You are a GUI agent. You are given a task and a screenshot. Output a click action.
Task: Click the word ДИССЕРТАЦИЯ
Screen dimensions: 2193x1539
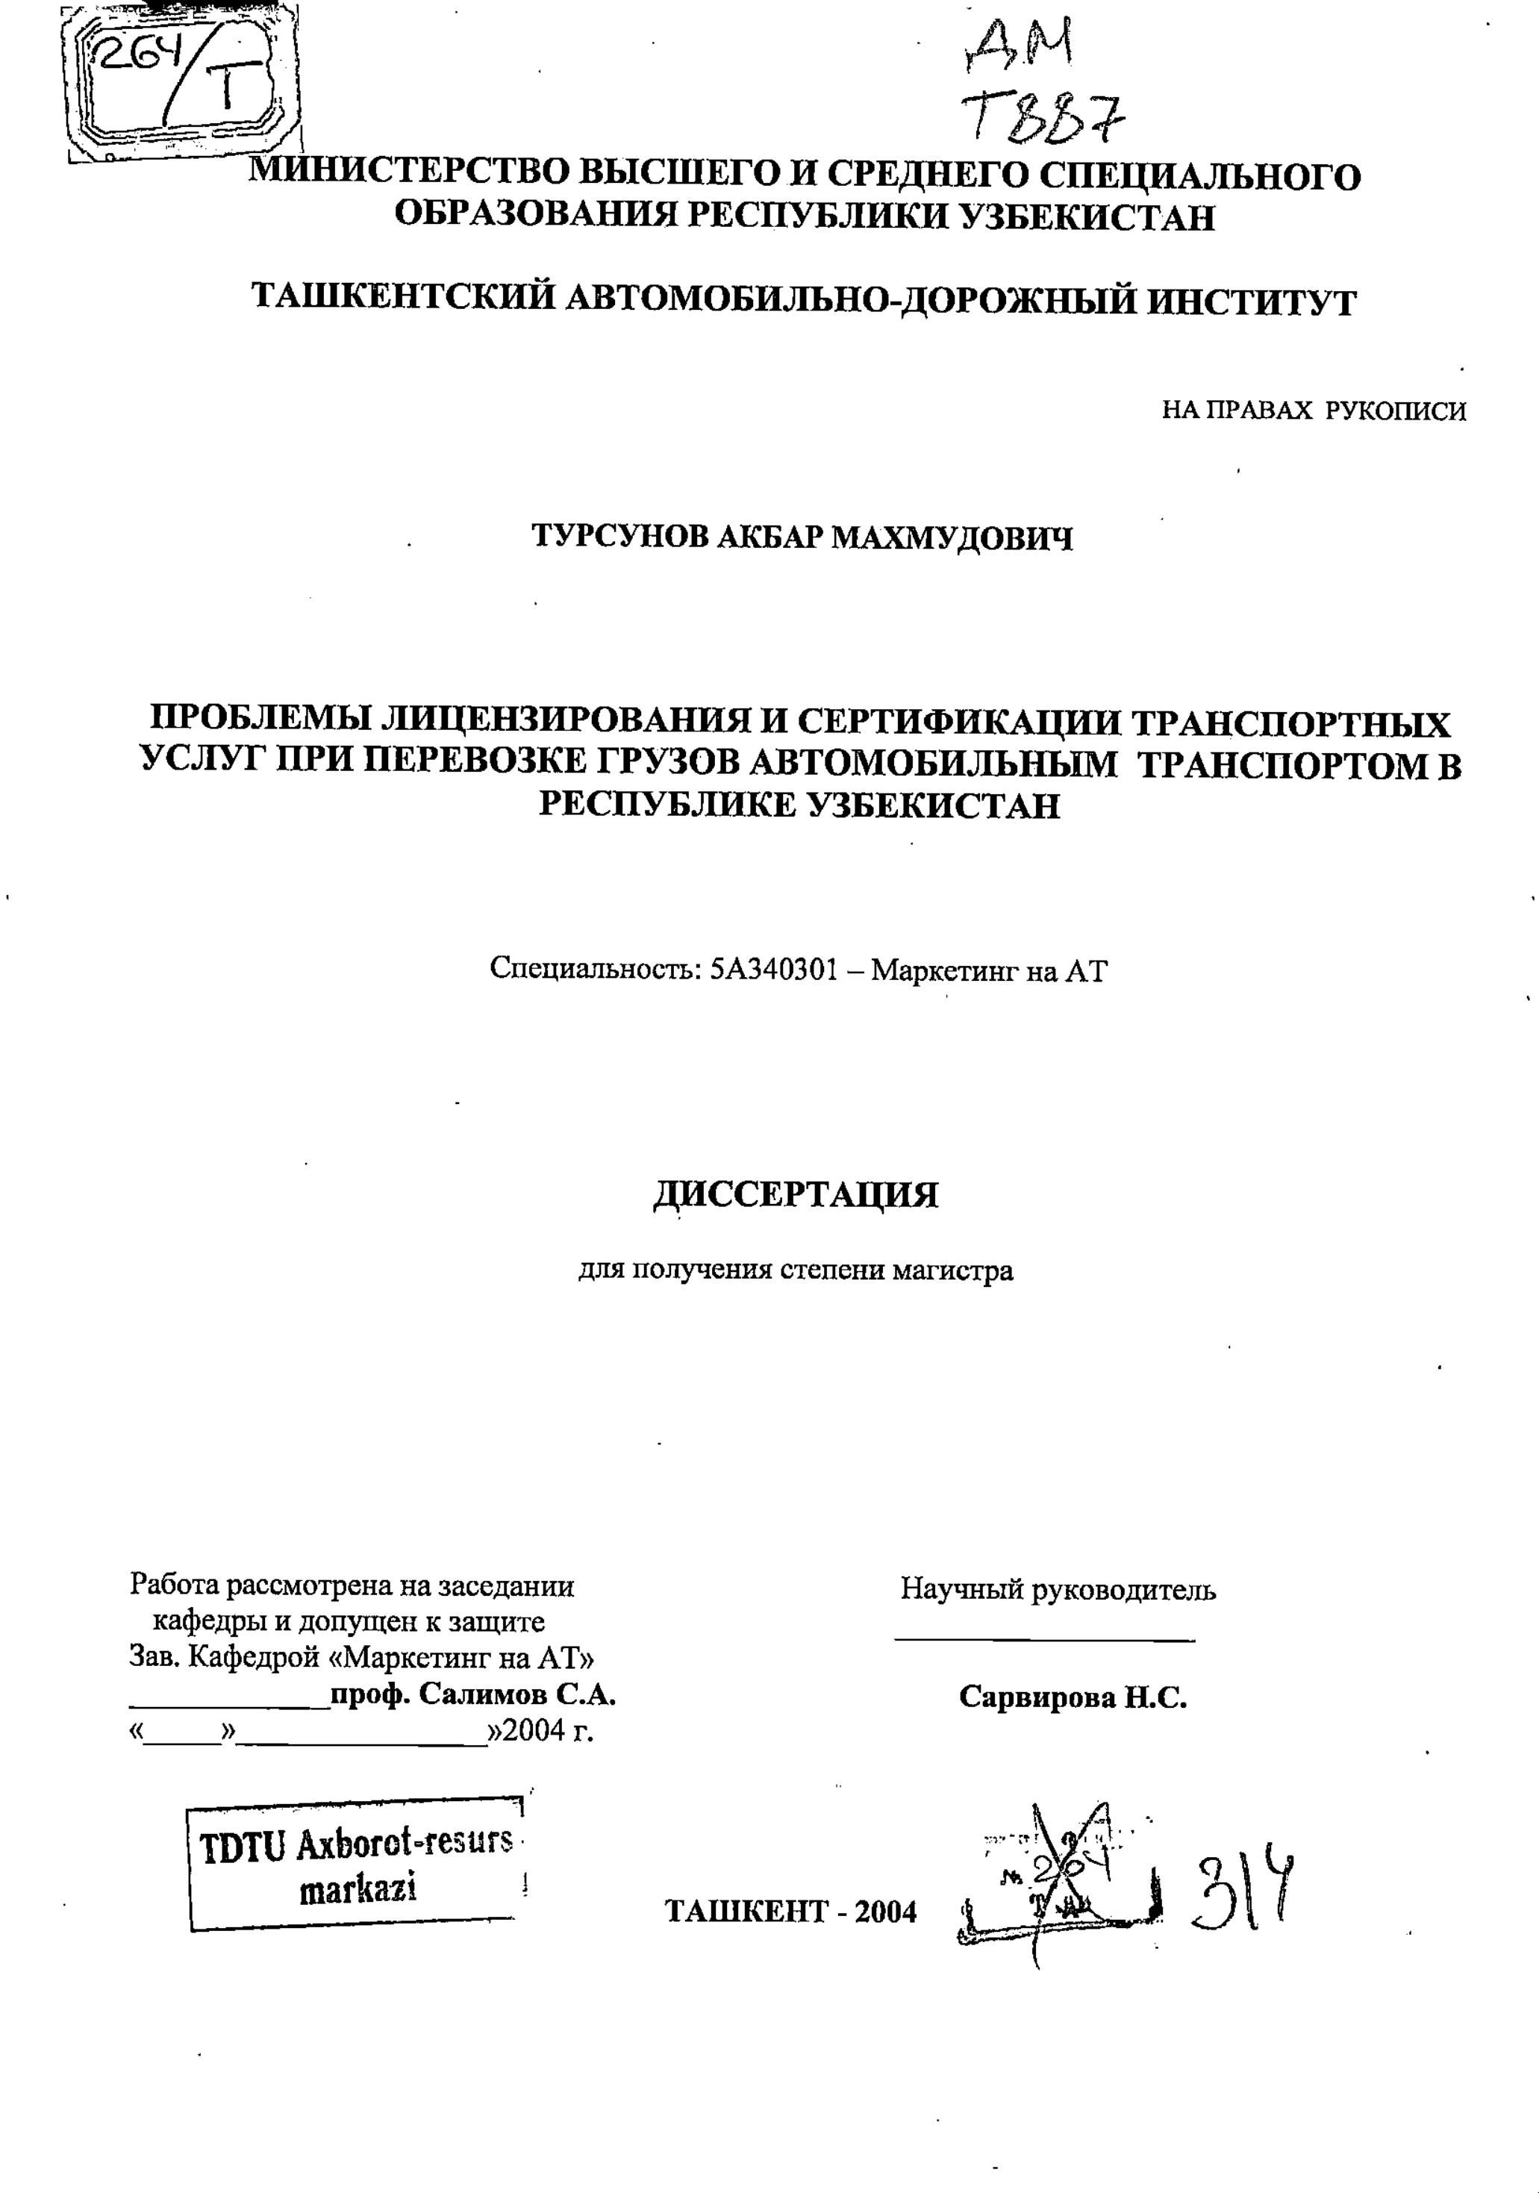pyautogui.click(x=795, y=1194)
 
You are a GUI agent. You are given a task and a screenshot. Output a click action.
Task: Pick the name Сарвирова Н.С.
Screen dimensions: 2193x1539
pyautogui.click(x=1072, y=1697)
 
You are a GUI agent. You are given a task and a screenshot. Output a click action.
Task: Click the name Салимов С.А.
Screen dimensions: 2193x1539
pyautogui.click(x=516, y=1694)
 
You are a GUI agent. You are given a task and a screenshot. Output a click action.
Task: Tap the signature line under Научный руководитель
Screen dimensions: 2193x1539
pyautogui.click(x=1045, y=1641)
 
